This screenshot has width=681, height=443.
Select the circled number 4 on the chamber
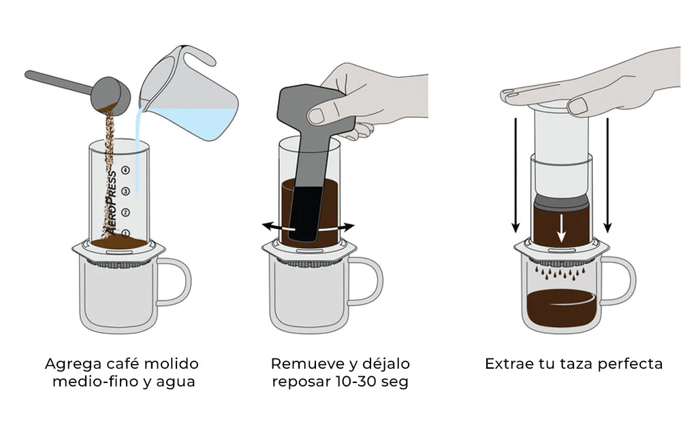(125, 170)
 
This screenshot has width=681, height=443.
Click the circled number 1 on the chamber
(125, 232)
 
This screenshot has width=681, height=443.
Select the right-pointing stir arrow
(343, 226)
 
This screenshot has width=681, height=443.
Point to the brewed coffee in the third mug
(561, 307)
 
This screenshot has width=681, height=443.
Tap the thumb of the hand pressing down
(580, 104)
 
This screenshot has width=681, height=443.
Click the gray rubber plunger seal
(561, 202)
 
